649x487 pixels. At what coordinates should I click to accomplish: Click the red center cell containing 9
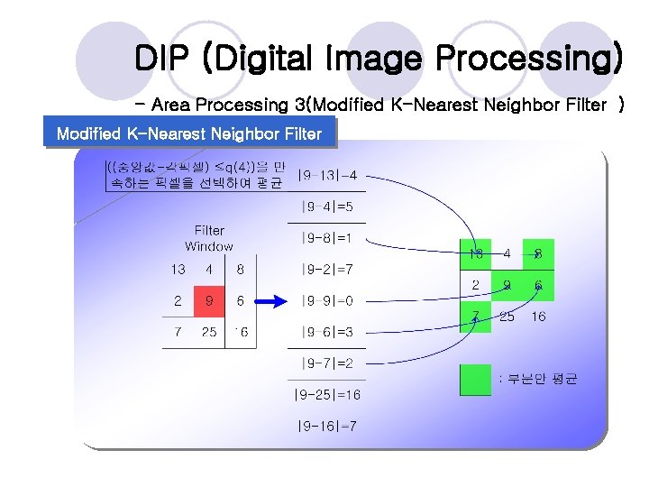click(x=209, y=300)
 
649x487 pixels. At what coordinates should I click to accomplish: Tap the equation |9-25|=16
click(x=326, y=395)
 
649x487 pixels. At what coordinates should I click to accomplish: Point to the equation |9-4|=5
click(x=326, y=207)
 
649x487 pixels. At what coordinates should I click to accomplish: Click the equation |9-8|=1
click(x=326, y=239)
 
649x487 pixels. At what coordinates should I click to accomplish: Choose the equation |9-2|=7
click(x=326, y=270)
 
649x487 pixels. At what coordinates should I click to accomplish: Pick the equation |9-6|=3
click(x=326, y=333)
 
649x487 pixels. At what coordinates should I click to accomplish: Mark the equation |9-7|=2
click(x=326, y=363)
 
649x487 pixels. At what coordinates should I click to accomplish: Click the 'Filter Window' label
click(x=209, y=239)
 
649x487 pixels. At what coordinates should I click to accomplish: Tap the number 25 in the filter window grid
click(x=209, y=332)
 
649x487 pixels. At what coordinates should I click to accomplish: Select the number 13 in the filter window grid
click(x=178, y=269)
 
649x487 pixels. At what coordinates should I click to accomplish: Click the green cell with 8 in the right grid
click(x=538, y=255)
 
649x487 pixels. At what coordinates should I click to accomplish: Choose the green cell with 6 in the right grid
click(x=538, y=286)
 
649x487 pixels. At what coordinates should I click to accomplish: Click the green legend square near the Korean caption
click(x=475, y=380)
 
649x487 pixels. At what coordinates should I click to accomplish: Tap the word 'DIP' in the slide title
click(x=164, y=60)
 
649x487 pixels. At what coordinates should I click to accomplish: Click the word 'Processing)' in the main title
click(x=528, y=60)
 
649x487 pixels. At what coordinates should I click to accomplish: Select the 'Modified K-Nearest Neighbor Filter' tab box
click(x=188, y=133)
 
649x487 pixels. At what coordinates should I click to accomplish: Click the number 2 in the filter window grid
click(x=178, y=300)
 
